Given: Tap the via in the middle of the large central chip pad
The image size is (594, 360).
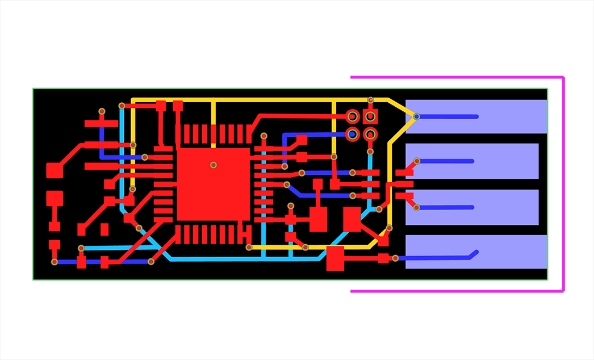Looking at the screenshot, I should (x=214, y=165).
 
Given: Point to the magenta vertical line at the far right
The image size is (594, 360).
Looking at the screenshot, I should (x=563, y=185).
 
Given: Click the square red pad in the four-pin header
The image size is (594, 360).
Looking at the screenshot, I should (x=370, y=116).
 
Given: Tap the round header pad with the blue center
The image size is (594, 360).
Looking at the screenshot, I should (x=353, y=135).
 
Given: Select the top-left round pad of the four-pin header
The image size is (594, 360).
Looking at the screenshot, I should (x=353, y=116).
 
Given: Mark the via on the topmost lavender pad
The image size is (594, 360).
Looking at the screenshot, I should (x=416, y=116).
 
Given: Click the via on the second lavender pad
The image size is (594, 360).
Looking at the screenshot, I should (x=417, y=161).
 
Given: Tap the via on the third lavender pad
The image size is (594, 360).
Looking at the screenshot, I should (x=416, y=207).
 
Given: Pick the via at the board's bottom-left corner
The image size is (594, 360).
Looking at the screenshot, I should (x=55, y=262).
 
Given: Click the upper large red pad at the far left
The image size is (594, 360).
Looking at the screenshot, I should (x=55, y=170).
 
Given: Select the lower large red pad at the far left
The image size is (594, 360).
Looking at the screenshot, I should (x=55, y=198).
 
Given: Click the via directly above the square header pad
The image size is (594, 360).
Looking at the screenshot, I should (x=370, y=101).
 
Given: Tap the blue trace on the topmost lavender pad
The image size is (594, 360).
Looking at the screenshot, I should (x=449, y=117).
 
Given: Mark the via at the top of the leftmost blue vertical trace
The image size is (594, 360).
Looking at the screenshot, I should (x=102, y=111).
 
